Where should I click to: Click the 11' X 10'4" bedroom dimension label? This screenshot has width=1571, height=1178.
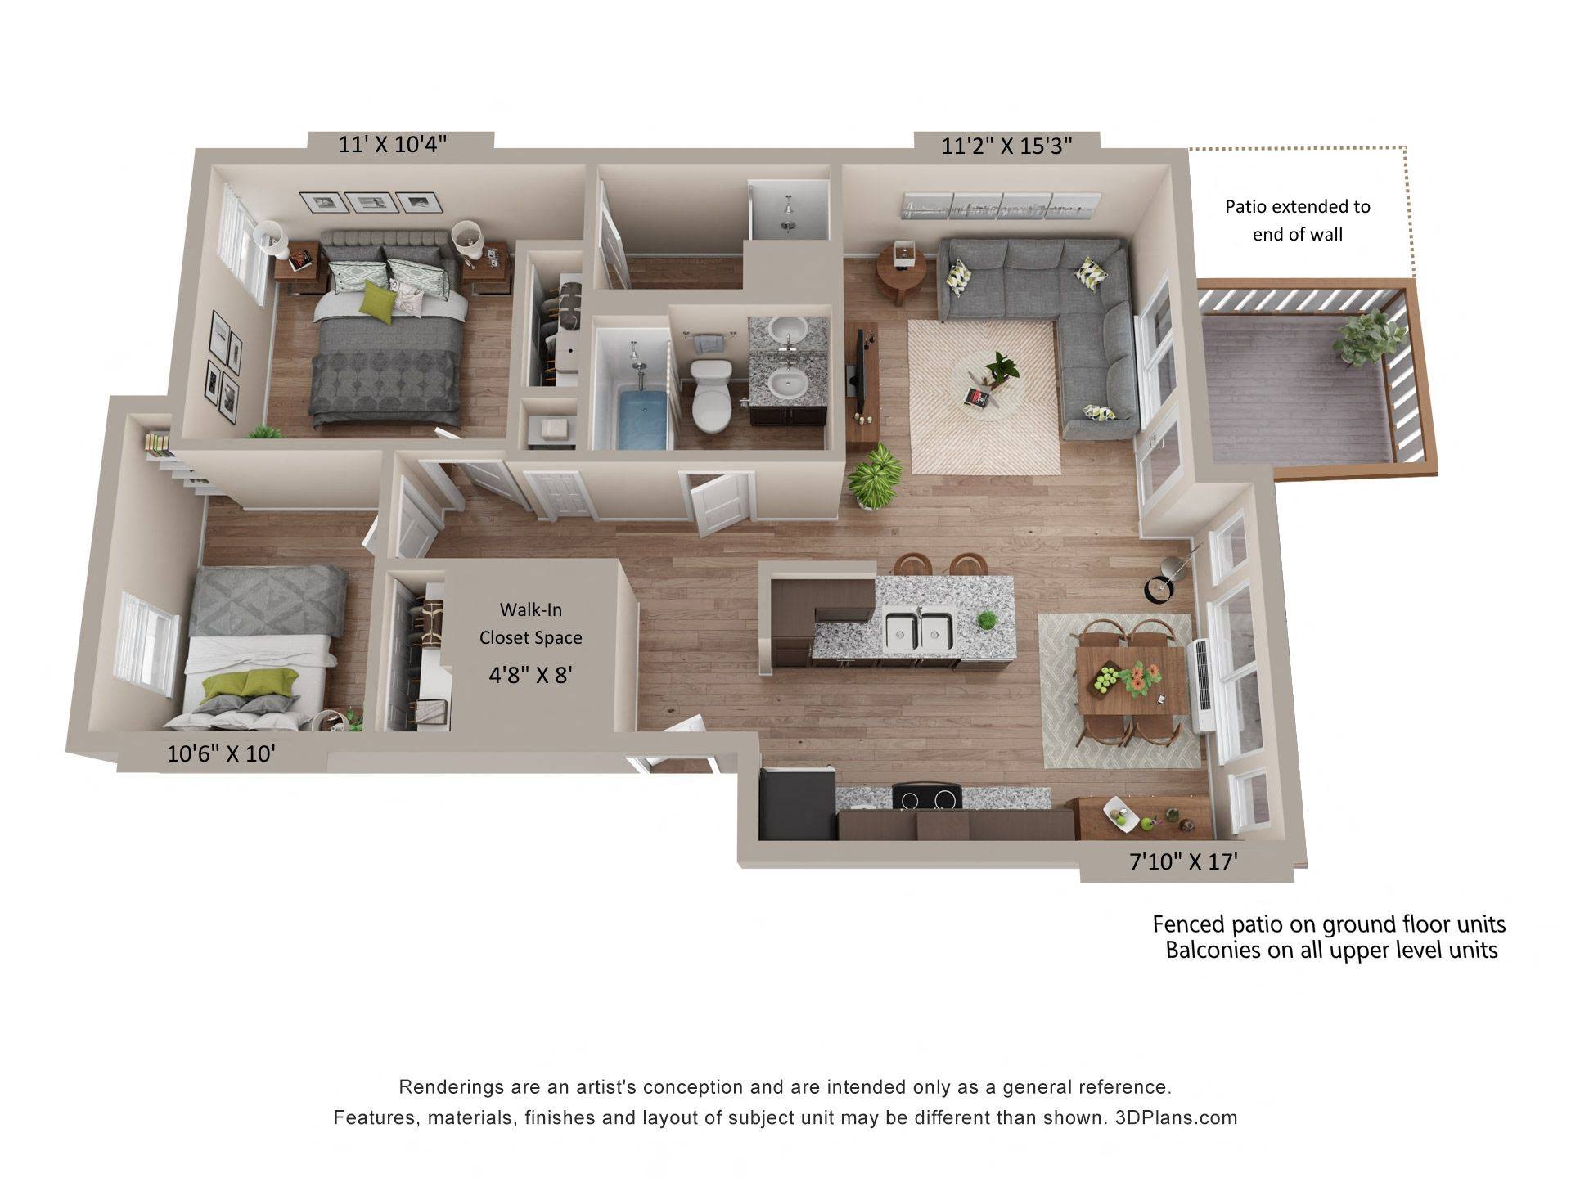tap(393, 144)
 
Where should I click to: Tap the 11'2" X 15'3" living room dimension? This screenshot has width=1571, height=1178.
tap(1006, 146)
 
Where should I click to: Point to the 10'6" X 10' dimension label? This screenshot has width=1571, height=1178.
tap(221, 753)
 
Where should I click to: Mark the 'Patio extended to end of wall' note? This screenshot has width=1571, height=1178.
tap(1297, 220)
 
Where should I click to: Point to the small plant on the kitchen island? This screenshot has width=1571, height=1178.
tap(988, 621)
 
